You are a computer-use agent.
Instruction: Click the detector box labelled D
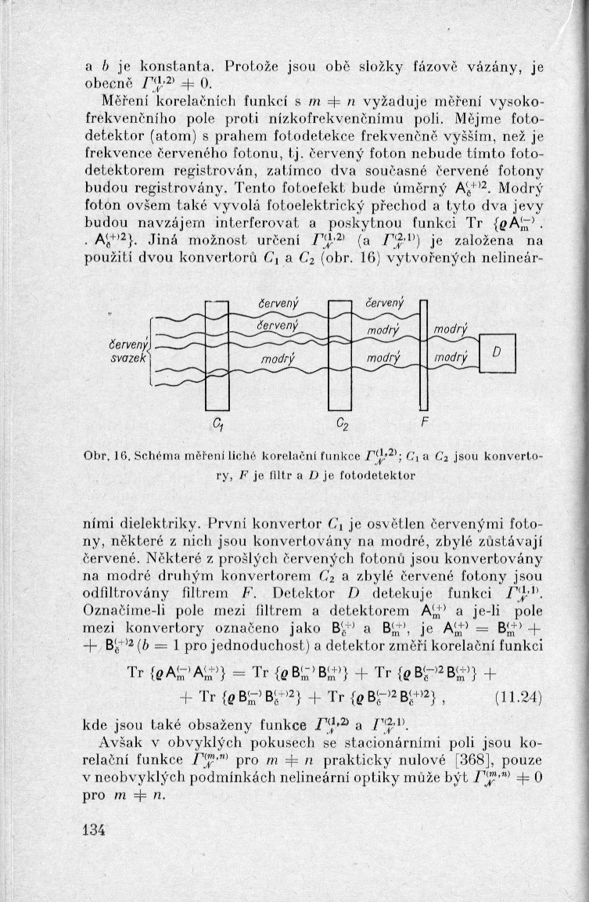[495, 355]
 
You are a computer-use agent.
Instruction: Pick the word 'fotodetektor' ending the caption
[386, 474]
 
